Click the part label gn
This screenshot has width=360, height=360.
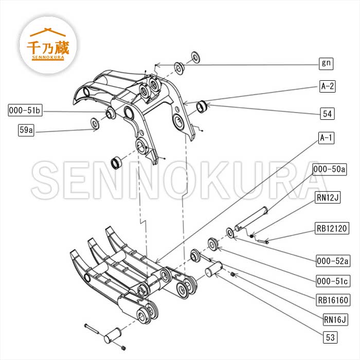tap(326, 64)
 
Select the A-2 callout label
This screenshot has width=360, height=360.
tap(327, 86)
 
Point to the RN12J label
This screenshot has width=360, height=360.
tap(327, 197)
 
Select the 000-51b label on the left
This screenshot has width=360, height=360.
tap(25, 110)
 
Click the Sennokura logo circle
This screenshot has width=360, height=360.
tap(49, 46)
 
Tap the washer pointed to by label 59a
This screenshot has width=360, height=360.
tap(95, 123)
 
